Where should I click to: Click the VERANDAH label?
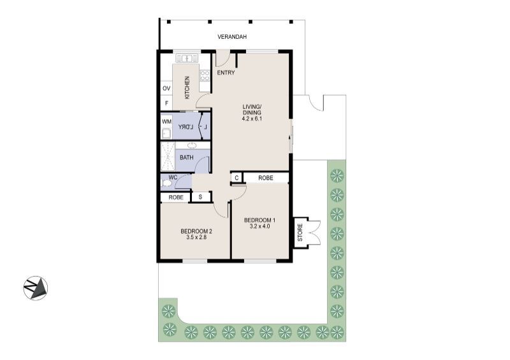[x=232, y=38]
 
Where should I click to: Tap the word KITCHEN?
[x=187, y=87]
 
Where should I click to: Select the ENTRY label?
[x=226, y=73]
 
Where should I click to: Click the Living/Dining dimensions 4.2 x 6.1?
[x=252, y=119]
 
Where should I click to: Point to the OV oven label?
[x=166, y=88]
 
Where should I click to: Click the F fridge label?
[x=166, y=103]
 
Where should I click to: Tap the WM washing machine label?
[x=166, y=121]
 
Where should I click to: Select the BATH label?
[x=187, y=157]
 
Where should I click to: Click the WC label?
[x=172, y=177]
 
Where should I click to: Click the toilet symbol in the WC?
[x=167, y=184]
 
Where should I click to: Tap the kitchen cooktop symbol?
[x=205, y=76]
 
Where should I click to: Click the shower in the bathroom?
[x=167, y=157]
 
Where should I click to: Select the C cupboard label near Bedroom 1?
[x=237, y=178]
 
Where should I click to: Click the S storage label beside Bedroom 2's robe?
[x=201, y=198]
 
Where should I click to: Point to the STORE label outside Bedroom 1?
[x=300, y=233]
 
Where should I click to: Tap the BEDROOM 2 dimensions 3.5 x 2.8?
[x=196, y=237]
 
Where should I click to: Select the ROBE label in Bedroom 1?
[x=266, y=178]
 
